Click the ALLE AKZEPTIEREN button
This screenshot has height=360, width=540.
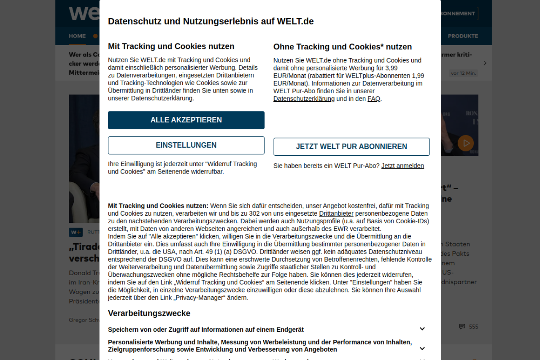[186, 120]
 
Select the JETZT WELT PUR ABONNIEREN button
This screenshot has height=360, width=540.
[351, 147]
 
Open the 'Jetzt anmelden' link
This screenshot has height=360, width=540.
[402, 166]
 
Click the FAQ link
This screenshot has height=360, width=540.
[374, 99]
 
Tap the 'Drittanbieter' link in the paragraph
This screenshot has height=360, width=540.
[336, 214]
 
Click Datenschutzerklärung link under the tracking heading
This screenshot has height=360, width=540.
[162, 98]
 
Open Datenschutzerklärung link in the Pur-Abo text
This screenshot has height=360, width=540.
[304, 99]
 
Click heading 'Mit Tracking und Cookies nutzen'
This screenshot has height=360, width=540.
[171, 46]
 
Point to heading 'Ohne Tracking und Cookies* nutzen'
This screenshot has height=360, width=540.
[342, 47]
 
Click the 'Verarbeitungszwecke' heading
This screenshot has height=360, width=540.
[149, 313]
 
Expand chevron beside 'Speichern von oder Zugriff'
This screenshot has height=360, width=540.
[422, 329]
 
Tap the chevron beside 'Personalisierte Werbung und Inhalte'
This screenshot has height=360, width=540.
[422, 349]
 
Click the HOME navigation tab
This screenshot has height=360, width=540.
[77, 36]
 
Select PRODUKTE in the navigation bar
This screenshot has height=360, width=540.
[463, 36]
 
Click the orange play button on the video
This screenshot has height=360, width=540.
[466, 143]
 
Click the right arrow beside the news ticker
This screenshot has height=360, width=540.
[485, 63]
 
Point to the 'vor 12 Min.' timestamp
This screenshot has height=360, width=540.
[463, 73]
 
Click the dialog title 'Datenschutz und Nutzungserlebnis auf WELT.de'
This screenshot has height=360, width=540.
[211, 22]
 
